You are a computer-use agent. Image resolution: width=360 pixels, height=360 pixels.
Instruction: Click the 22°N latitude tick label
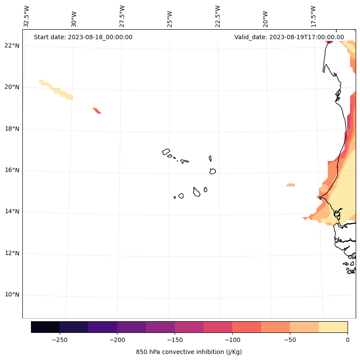click(x=12, y=46)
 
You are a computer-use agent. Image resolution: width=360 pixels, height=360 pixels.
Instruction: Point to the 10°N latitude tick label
click(x=12, y=295)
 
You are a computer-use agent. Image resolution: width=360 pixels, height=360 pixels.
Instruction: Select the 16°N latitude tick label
click(x=12, y=170)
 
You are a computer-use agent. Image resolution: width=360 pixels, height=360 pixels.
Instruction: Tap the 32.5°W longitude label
click(x=27, y=16)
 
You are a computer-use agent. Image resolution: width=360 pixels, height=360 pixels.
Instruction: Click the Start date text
click(x=83, y=37)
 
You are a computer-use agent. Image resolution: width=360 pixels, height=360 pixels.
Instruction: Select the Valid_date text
click(x=289, y=37)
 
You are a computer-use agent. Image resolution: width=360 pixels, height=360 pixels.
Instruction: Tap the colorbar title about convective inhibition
click(x=189, y=352)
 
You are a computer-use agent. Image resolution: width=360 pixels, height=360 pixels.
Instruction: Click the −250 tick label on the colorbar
click(x=59, y=339)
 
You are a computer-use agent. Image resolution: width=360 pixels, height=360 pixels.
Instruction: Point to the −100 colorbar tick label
click(x=232, y=339)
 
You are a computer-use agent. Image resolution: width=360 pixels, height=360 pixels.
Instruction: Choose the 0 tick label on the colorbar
click(x=347, y=339)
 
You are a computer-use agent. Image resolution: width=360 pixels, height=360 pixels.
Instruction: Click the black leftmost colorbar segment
click(x=45, y=327)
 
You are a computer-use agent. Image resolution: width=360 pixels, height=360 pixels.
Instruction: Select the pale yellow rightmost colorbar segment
click(x=333, y=327)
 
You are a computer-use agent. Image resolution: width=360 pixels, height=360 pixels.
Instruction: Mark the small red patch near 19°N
click(x=97, y=111)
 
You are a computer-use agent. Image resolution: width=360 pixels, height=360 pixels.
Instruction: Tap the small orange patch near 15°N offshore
click(x=291, y=185)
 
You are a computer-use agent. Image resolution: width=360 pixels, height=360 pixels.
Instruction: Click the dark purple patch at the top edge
click(x=329, y=41)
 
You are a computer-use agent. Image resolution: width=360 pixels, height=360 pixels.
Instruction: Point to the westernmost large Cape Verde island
click(x=166, y=152)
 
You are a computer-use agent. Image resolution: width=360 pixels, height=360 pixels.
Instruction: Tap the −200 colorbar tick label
click(x=117, y=339)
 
